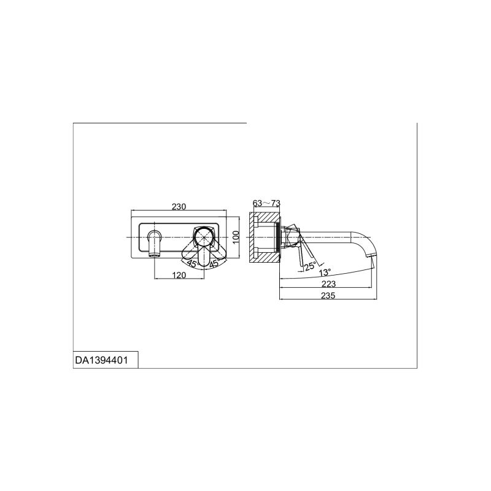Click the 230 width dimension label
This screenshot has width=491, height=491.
[x=179, y=207]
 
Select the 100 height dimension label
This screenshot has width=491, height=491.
[x=236, y=237]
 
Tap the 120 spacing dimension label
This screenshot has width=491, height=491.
[x=179, y=275]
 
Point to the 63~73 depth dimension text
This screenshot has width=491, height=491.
[x=266, y=203]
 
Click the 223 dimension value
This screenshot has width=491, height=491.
[x=328, y=284]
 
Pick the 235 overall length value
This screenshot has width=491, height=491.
[x=328, y=295]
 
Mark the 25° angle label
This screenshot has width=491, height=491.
[x=311, y=266]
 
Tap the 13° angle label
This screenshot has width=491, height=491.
[x=325, y=272]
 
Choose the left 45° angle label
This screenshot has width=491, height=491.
[x=193, y=264]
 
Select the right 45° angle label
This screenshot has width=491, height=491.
[x=215, y=263]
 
